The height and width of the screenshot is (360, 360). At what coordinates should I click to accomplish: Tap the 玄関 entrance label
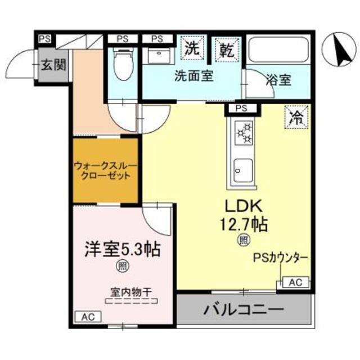[52, 64]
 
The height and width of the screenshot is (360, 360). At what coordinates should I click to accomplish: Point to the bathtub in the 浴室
[278, 51]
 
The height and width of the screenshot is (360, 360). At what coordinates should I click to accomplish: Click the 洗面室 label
[193, 76]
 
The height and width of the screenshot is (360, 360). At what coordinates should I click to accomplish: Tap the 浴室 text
[278, 79]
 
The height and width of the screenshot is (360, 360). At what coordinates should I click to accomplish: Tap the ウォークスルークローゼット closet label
[105, 170]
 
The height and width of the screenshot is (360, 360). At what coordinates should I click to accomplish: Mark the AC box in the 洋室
[88, 317]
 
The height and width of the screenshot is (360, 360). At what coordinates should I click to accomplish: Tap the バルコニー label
[244, 310]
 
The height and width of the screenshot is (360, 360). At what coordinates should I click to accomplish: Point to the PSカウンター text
[280, 258]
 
